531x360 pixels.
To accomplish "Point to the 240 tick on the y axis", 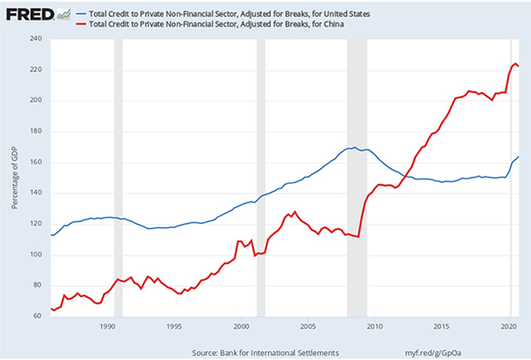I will (35, 38).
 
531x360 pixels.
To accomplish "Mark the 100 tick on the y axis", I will (35, 255).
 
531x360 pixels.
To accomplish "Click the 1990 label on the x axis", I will (107, 326).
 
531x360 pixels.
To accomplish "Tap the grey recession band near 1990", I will (119, 177).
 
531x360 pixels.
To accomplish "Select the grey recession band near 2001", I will (261, 177).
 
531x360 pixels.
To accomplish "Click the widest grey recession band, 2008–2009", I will (357, 177).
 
